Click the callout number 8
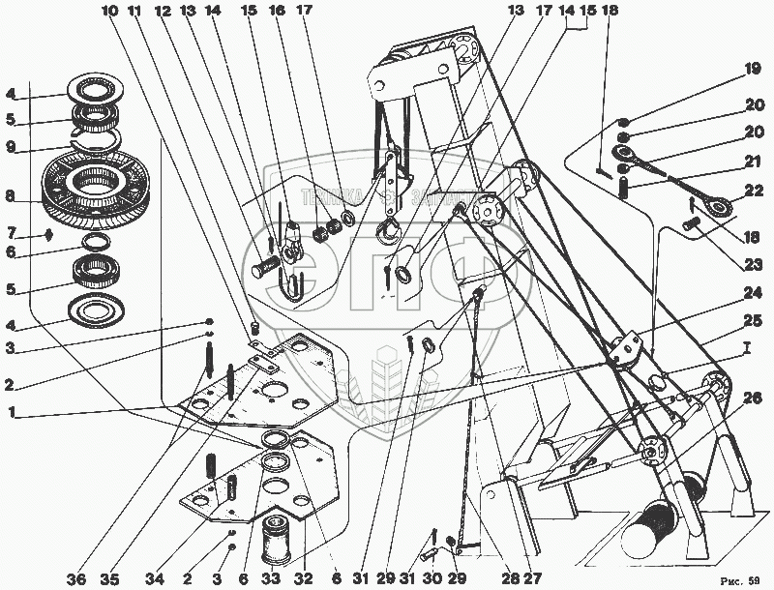tap(9, 194)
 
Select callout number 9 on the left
tap(9, 148)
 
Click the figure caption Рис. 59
tap(741, 578)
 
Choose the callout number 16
tap(277, 11)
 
